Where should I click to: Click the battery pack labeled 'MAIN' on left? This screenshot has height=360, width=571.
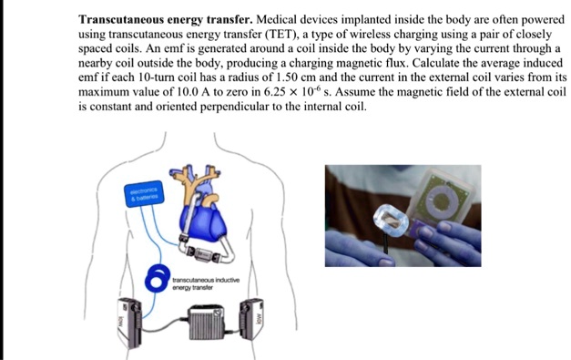click(x=124, y=319)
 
